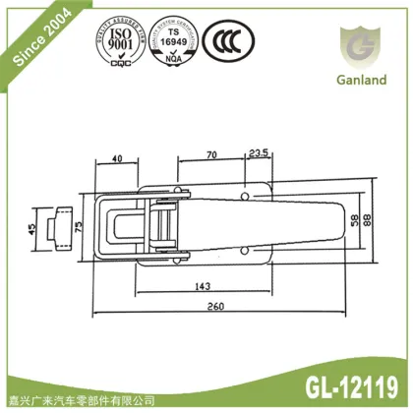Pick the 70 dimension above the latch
[x=210, y=155]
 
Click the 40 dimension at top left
[x=116, y=158]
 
